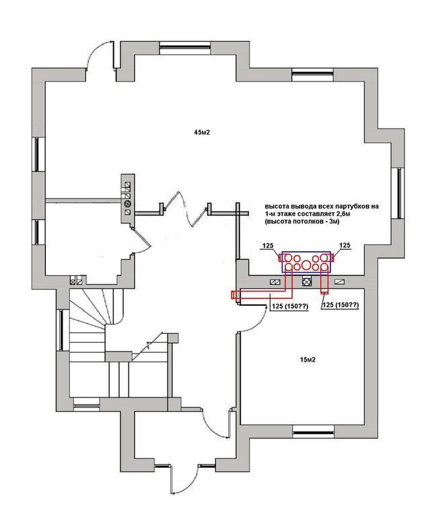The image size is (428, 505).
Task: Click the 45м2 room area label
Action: tap(202, 133)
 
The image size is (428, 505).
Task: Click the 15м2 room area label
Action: tap(308, 360)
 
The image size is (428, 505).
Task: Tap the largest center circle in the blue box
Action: tap(306, 265)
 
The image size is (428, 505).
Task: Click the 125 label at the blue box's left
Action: tap(268, 246)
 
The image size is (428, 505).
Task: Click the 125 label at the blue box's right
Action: tap(345, 245)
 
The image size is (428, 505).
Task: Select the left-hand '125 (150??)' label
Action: tap(290, 306)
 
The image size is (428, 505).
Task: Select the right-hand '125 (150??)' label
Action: tap(341, 304)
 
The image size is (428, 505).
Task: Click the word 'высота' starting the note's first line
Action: tap(275, 207)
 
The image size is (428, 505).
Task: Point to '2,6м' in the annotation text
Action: tap(343, 214)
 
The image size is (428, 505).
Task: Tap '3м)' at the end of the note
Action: tap(334, 222)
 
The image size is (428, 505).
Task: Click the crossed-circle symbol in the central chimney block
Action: tap(128, 203)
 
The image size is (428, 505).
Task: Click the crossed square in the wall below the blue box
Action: tap(307, 282)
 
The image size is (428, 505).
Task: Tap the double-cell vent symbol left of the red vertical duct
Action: tap(275, 282)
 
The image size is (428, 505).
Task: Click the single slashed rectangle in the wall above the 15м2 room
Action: tap(339, 282)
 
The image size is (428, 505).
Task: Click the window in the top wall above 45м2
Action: tap(185, 47)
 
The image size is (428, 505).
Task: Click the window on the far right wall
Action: tap(400, 193)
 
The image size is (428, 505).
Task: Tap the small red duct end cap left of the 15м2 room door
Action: tap(234, 295)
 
